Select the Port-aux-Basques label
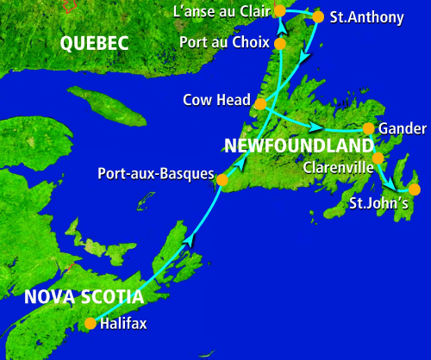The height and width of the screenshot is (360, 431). pos(155,174)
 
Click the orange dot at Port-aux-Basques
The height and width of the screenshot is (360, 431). pos(222,181)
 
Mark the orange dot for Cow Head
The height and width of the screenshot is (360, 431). pos(259,104)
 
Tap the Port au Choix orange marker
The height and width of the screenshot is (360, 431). pos(279,42)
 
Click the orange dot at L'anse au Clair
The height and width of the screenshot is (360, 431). pos(279,10)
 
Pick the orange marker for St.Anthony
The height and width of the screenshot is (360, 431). pos(318,16)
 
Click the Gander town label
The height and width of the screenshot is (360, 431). pos(402,128)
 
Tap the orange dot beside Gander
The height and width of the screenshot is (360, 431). pos(368,128)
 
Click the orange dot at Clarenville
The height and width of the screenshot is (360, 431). pos(378,158)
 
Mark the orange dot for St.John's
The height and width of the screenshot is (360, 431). pos(414,189)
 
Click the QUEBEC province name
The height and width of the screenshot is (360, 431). pos(95,43)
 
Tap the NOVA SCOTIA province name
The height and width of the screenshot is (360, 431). pos(84,297)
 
